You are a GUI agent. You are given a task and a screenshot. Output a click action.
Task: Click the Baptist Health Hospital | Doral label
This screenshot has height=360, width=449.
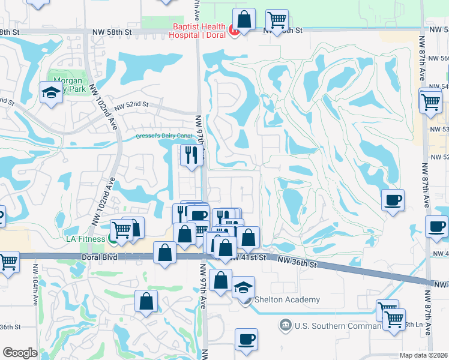click(200, 30)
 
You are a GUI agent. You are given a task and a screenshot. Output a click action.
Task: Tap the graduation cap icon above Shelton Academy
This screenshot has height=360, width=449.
click(243, 287)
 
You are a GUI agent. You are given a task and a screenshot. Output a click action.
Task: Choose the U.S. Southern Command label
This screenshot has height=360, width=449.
click(338, 325)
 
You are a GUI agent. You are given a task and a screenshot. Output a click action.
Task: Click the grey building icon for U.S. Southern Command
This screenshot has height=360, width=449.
click(285, 326)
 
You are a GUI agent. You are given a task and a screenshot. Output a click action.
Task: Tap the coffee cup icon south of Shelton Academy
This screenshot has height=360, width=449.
click(246, 339)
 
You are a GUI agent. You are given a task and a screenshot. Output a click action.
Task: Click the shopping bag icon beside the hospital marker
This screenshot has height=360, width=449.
click(244, 19)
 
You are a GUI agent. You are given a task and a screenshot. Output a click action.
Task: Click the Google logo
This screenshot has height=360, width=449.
click(20, 353)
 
